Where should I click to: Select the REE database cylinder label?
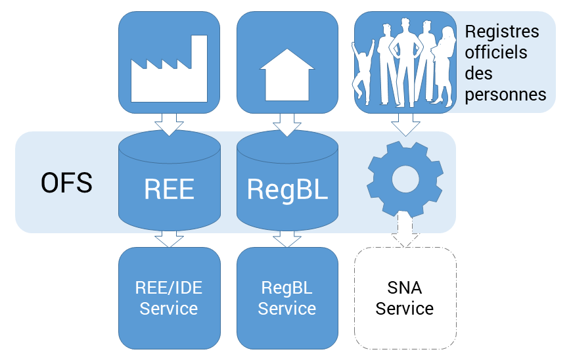pyautogui.click(x=169, y=189)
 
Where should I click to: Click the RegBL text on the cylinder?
pyautogui.click(x=287, y=189)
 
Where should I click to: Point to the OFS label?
pyautogui.click(x=66, y=183)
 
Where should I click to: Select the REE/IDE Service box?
pyautogui.click(x=169, y=298)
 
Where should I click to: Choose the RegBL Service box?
pyautogui.click(x=287, y=298)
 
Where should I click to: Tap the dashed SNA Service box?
pyautogui.click(x=405, y=298)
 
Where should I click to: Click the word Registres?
pyautogui.click(x=502, y=32)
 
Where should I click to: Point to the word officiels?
pyautogui.click(x=495, y=52)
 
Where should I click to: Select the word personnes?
pyautogui.click(x=505, y=94)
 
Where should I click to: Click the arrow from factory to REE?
pyautogui.click(x=169, y=124)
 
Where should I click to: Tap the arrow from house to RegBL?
pyautogui.click(x=287, y=124)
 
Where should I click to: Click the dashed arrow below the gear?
pyautogui.click(x=405, y=232)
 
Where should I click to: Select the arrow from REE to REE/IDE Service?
pyautogui.click(x=169, y=238)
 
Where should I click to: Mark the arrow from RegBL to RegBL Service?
pyautogui.click(x=287, y=238)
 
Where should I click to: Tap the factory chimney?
pyautogui.click(x=198, y=49)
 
